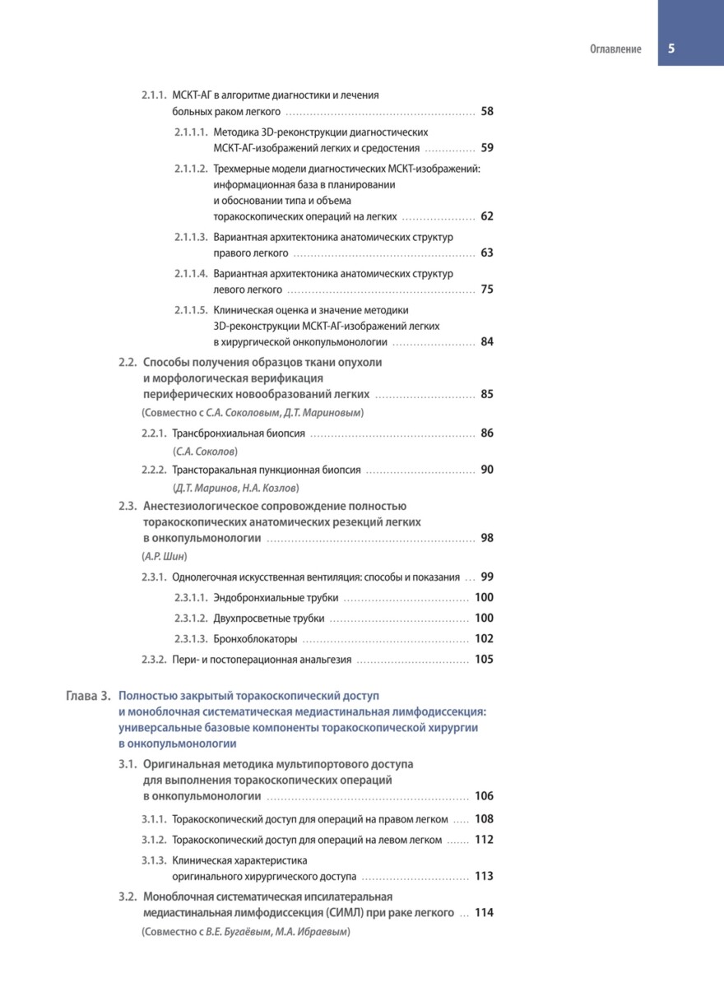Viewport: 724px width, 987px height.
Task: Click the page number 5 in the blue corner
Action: (x=671, y=49)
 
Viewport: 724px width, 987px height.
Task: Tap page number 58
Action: (x=487, y=111)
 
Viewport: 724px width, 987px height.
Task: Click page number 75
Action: (x=487, y=290)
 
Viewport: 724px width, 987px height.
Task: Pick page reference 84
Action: (x=487, y=341)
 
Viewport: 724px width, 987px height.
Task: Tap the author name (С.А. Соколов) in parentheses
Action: (x=207, y=452)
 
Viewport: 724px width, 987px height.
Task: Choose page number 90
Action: (x=487, y=470)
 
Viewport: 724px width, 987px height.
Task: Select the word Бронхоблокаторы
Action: (x=255, y=639)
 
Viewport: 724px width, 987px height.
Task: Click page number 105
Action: (x=484, y=659)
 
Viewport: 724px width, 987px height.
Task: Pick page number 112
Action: (x=484, y=840)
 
